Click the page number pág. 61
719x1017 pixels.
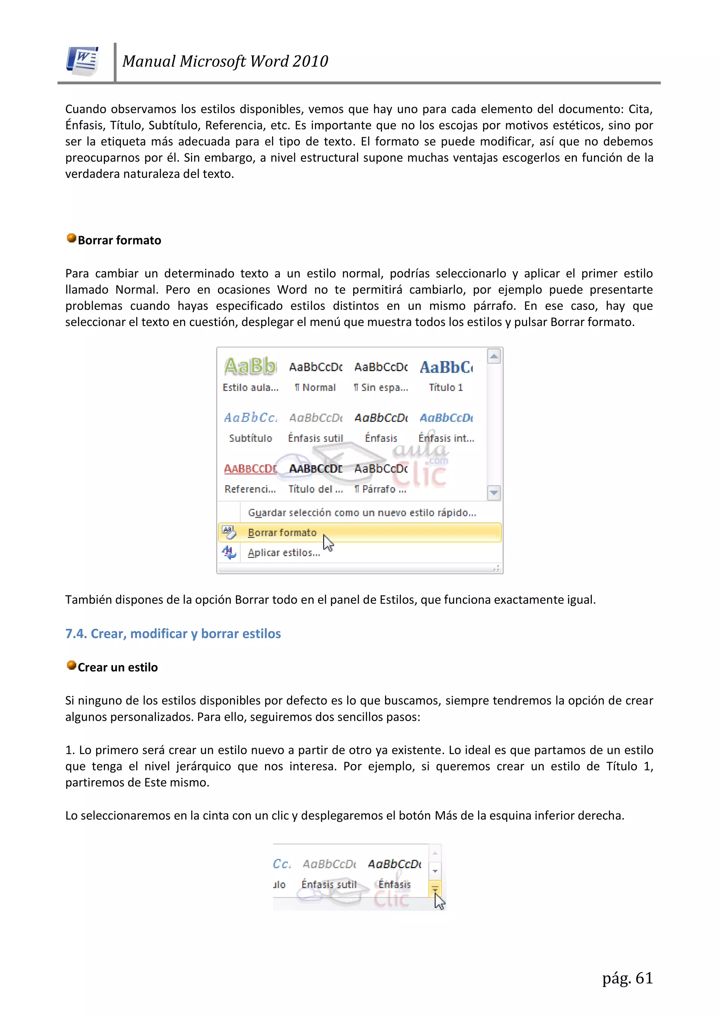tap(627, 978)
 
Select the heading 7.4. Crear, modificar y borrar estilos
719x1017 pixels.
tap(173, 633)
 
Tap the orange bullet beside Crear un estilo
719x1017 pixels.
tap(71, 665)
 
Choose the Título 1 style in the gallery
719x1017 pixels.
tap(446, 387)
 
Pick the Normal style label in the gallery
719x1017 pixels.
tap(315, 387)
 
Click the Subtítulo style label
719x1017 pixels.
tap(251, 438)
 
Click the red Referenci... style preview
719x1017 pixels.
tap(251, 469)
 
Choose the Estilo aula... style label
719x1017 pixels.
tap(251, 387)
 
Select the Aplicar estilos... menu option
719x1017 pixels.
tap(284, 553)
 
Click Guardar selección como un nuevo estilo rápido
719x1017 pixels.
tap(362, 513)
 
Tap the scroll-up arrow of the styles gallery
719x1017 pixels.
tap(494, 357)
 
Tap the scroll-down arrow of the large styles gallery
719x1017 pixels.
tap(494, 493)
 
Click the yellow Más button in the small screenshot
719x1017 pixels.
tap(435, 888)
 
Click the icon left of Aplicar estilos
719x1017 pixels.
tap(229, 552)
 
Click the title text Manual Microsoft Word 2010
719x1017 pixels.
tap(225, 61)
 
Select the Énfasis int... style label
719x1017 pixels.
tap(446, 438)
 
